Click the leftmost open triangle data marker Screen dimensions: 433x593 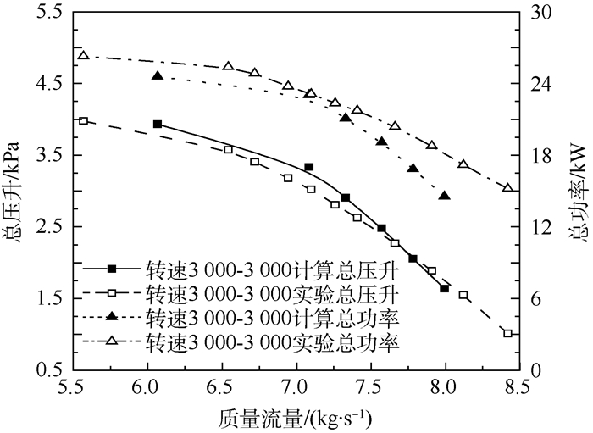(83, 55)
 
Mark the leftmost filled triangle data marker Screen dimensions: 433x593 (158, 76)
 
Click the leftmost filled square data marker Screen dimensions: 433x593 (158, 124)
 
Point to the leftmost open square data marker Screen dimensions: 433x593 (83, 121)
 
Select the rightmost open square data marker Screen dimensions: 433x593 (507, 334)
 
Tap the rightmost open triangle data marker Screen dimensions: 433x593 (507, 187)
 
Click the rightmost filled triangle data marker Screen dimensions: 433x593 (445, 196)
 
